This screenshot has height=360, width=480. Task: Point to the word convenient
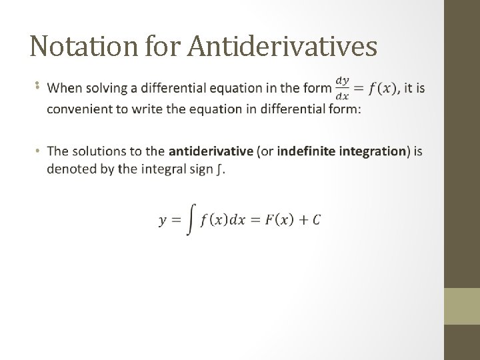pyautogui.click(x=78, y=109)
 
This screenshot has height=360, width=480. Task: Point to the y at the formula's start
pyautogui.click(x=163, y=221)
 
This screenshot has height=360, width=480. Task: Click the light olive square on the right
pyautogui.click(x=461, y=306)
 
